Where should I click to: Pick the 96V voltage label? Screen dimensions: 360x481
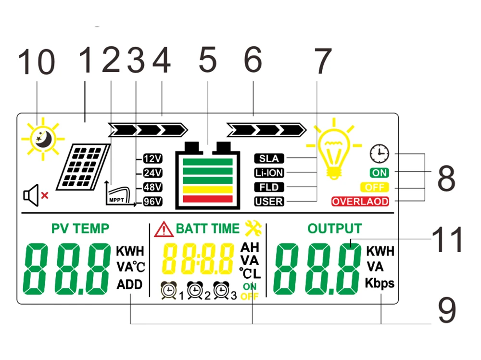coord(152,202)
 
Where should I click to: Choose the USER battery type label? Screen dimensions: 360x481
coord(269,202)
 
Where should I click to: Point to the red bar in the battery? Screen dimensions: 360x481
coord(208,199)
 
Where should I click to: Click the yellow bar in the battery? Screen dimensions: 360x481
coord(208,190)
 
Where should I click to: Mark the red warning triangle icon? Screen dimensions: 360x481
coord(164,229)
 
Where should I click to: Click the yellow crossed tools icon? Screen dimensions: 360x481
coord(253,228)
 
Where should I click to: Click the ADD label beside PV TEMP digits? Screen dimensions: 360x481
coord(129,284)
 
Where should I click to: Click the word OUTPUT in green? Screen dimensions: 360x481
coord(334,228)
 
